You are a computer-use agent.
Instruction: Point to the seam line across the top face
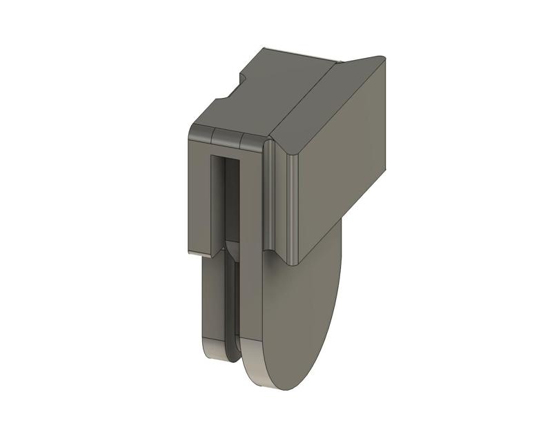304,97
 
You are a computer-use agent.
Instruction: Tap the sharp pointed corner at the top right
381,57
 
